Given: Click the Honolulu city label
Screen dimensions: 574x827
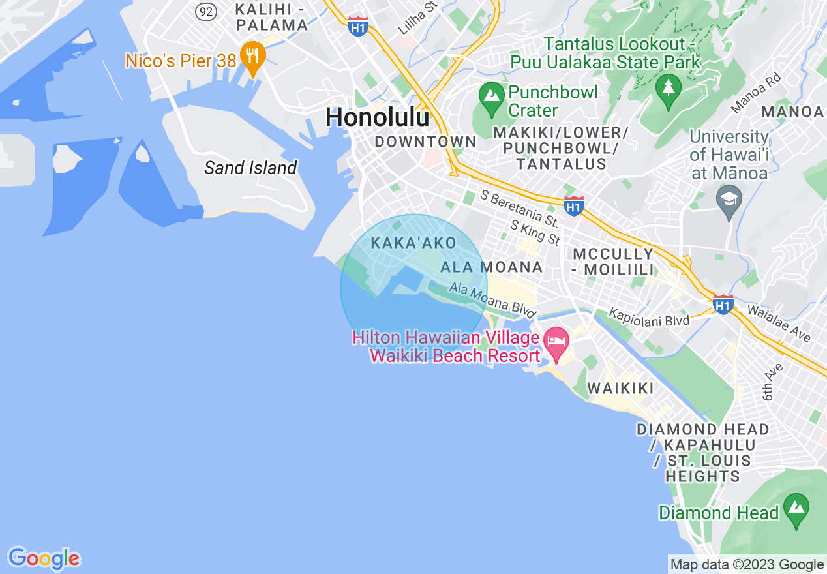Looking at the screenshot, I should tap(378, 117).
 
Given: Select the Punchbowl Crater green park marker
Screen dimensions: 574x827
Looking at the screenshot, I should tap(492, 97).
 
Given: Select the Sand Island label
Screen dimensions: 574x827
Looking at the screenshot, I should tap(250, 168).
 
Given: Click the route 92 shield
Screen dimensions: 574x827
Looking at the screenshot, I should tap(207, 11).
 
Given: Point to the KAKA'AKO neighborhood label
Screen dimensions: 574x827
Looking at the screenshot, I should tap(414, 243).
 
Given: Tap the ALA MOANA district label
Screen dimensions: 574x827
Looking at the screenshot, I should tap(492, 267).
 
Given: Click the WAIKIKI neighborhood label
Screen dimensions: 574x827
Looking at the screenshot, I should tap(620, 389).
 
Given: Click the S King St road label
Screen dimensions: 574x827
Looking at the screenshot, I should tap(535, 233).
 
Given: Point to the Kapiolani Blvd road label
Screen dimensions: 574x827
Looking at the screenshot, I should tap(649, 318).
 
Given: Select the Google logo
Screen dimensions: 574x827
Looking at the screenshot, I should tap(44, 558).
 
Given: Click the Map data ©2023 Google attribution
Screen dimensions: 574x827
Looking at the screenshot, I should tap(747, 565).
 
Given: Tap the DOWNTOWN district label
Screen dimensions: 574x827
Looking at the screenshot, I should tap(425, 142).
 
